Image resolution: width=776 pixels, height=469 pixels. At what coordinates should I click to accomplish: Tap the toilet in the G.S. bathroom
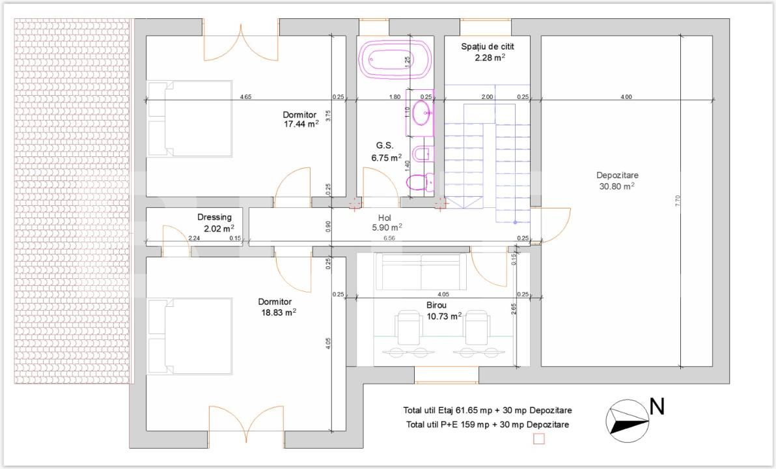coord(417,182)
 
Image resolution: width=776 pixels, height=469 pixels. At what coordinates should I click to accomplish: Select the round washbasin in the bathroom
coord(422,113)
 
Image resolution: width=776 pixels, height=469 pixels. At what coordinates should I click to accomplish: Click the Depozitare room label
coord(617,175)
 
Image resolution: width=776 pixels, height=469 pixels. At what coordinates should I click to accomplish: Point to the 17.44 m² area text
coord(301,124)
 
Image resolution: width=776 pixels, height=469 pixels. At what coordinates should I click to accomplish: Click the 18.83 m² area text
coord(279,312)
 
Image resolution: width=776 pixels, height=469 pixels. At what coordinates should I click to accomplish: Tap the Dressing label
coord(214,217)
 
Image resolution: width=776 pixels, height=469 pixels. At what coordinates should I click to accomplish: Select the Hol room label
coord(385,218)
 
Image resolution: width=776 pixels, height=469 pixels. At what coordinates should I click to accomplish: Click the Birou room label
coord(436,305)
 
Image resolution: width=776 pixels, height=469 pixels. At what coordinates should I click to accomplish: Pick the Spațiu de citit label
coord(488,46)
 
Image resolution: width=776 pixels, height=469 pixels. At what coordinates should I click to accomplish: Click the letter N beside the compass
coord(657,407)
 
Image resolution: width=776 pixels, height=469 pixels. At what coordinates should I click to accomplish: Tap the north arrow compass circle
coord(628,421)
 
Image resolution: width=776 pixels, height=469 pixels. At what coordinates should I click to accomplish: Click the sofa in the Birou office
coord(421,272)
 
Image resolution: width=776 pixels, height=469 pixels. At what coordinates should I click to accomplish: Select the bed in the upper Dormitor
coord(190,119)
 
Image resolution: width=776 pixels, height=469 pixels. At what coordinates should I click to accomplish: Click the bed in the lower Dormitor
coord(190,335)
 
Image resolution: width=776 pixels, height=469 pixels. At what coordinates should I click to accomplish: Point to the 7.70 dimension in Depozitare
coord(678,201)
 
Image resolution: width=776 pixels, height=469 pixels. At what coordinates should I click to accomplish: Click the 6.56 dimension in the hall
coord(389,238)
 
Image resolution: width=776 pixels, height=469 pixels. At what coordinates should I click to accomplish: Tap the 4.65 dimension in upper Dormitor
coord(245,96)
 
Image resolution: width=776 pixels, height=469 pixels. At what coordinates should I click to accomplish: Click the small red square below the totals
coord(538,438)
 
